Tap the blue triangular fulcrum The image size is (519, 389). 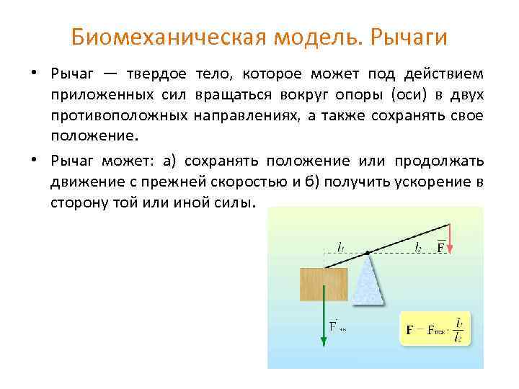point(368,281)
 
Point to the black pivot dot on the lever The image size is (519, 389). point(368,253)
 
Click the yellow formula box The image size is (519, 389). point(434,328)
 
